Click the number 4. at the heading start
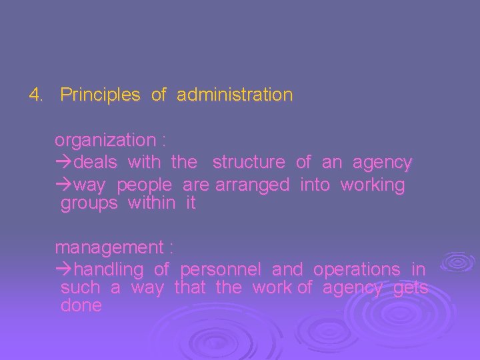point(36,95)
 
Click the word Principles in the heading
point(100,95)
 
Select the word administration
point(235,95)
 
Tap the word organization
point(105,141)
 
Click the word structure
point(249,162)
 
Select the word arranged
point(253,185)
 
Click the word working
point(373,185)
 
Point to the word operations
point(357,270)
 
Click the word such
point(80,288)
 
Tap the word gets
point(411,288)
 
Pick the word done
point(81,306)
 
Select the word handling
point(109,270)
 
